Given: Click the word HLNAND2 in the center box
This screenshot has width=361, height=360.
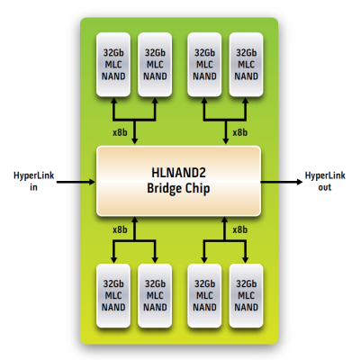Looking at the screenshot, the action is tap(178, 173).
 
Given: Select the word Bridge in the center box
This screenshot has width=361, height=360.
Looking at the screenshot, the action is tap(165, 189).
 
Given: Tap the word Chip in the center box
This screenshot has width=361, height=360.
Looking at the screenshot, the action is tap(197, 189).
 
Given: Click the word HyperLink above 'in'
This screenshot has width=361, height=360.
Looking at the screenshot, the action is tap(34, 175).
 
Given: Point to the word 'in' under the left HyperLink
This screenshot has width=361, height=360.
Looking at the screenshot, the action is tap(33, 187).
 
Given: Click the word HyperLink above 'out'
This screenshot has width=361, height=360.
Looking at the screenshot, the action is tap(325, 175).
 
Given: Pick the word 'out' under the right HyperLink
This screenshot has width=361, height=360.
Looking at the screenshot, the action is tap(325, 187).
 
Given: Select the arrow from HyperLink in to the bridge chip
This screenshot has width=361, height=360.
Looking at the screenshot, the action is tap(76, 182).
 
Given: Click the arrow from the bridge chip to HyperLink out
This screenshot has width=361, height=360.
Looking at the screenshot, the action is tap(282, 182).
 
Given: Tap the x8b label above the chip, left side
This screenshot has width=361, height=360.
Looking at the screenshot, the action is tap(120, 132).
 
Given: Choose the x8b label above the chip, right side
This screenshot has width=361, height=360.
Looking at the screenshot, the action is tap(240, 132).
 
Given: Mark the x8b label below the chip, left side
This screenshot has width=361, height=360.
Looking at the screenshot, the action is tap(120, 229).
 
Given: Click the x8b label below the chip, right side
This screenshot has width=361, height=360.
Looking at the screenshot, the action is tap(240, 229).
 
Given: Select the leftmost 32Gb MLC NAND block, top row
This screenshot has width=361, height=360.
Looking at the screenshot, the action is tap(113, 65).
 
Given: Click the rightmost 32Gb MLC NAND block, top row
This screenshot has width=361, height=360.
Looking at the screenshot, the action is tap(246, 65).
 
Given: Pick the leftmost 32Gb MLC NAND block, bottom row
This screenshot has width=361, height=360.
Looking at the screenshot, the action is tap(113, 295).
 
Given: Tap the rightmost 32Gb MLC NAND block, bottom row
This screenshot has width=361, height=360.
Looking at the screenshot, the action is tap(246, 295).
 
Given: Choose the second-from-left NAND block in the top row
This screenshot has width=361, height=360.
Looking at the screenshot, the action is tap(155, 65).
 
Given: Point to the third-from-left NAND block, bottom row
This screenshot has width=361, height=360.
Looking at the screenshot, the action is tap(204, 295).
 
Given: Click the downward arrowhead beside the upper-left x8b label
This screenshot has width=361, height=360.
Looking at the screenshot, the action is tap(135, 140).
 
